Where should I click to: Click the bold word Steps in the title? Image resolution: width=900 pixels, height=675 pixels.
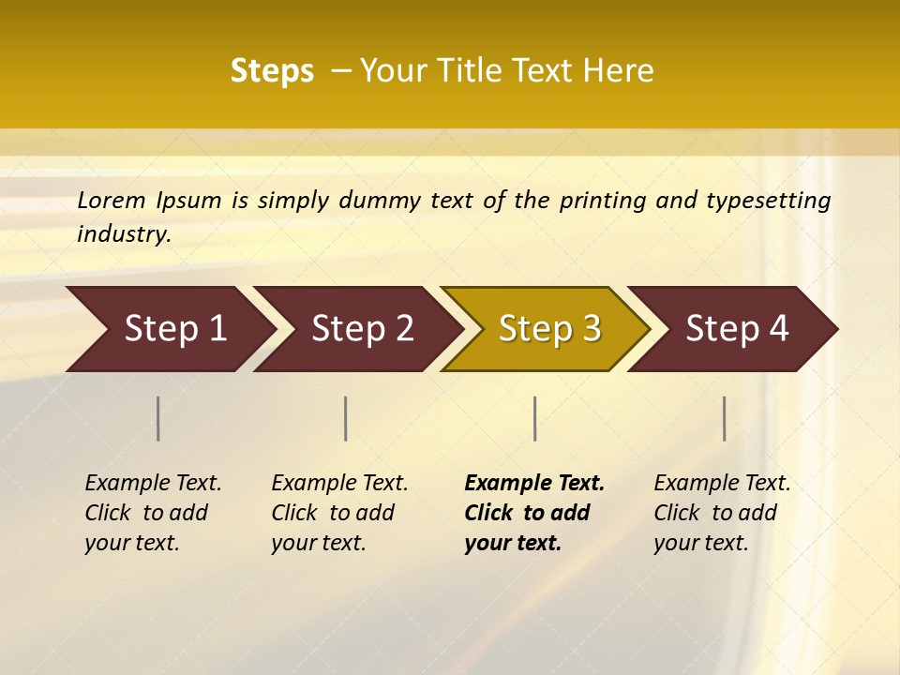(272, 71)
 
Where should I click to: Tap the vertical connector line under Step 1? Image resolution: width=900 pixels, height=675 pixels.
(158, 418)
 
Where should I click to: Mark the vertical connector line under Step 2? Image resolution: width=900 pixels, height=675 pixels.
(346, 418)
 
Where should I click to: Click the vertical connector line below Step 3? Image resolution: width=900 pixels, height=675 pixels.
(534, 418)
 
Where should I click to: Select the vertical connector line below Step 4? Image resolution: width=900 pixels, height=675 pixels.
(724, 418)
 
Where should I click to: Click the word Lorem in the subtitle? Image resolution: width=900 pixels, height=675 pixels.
(112, 200)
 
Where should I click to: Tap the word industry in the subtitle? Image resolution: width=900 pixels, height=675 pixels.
(123, 233)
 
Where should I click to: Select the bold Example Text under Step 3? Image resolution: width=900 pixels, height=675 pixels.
(534, 483)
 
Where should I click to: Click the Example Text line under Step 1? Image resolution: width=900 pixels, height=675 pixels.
(153, 483)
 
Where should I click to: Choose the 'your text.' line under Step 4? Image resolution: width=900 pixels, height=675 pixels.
(701, 543)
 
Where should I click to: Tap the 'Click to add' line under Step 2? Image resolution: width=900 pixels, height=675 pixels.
(333, 513)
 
